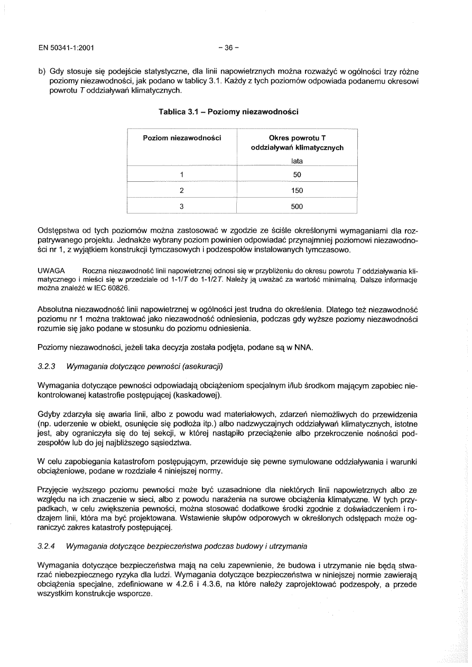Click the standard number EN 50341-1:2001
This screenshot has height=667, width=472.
66,48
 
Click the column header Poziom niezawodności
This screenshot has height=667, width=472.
181,138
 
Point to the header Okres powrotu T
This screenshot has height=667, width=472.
297,138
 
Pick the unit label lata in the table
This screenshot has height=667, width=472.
297,161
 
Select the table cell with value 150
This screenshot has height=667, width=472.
297,190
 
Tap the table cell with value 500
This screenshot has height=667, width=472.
297,207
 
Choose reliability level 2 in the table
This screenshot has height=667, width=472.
181,190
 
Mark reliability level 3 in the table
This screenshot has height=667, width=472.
181,207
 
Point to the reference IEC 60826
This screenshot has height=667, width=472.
111,288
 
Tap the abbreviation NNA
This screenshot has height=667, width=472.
303,347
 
